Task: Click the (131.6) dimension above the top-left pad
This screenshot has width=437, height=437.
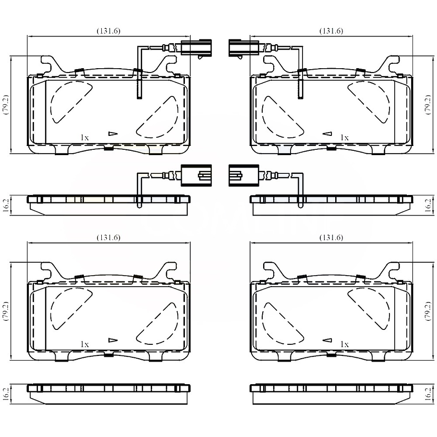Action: pyautogui.click(x=109, y=31)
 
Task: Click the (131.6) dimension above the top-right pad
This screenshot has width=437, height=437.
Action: pyautogui.click(x=331, y=31)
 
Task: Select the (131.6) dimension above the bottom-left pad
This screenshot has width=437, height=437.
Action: pyautogui.click(x=109, y=237)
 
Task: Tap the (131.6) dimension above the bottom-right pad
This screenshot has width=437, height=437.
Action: pyautogui.click(x=331, y=237)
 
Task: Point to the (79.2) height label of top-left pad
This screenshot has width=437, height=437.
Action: pyautogui.click(x=6, y=105)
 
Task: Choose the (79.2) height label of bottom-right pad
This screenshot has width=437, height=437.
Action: pyautogui.click(x=429, y=311)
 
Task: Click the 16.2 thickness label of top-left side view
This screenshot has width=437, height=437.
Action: pyautogui.click(x=6, y=206)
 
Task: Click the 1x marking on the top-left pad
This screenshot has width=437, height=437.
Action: pyautogui.click(x=85, y=137)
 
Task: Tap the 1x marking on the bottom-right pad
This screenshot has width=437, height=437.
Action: pyautogui.click(x=344, y=344)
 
